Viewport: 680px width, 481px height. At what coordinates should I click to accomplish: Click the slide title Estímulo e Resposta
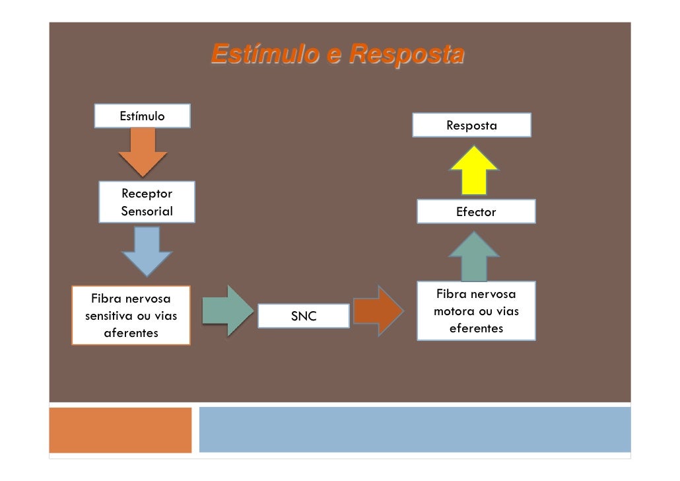point(337,54)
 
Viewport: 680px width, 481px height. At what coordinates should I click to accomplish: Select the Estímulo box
point(142,116)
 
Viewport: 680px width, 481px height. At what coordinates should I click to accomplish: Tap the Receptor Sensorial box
point(147,202)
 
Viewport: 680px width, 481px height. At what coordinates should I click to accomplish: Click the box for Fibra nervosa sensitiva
point(131,315)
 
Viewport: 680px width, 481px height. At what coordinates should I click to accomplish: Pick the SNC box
point(304,316)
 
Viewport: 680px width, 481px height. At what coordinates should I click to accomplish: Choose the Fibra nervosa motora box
point(476,311)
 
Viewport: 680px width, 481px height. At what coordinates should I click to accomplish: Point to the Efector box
point(476,212)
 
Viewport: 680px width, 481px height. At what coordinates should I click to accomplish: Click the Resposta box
point(471,125)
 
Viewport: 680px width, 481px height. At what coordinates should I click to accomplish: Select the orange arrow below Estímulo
point(143,151)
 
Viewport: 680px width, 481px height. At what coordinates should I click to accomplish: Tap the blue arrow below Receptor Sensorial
point(147,250)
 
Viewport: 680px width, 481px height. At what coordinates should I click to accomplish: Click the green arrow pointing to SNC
point(227,309)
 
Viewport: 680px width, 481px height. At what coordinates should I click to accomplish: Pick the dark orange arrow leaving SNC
point(378,311)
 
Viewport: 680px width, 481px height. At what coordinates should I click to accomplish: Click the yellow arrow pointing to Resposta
point(474,170)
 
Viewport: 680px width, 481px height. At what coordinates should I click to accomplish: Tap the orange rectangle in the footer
point(120,429)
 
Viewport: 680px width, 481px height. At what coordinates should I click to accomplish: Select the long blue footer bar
point(415,429)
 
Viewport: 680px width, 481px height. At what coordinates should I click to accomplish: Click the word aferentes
point(131,333)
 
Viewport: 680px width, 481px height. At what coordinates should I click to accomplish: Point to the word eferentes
point(476,328)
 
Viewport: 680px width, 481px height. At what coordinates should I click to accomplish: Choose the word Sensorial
point(147,211)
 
